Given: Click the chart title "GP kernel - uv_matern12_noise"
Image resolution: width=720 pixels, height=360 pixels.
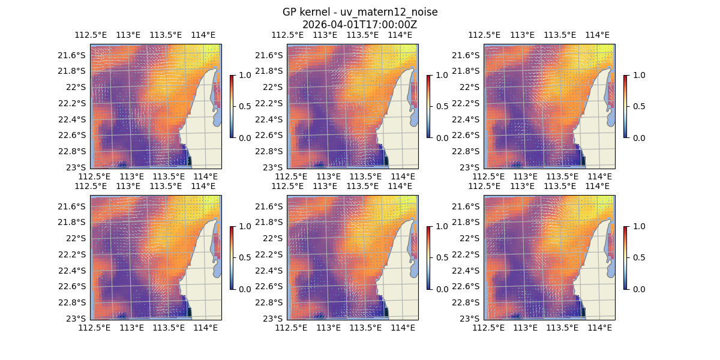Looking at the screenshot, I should point(359,12).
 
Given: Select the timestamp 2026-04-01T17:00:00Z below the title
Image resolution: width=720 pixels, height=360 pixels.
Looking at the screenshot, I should point(359,25).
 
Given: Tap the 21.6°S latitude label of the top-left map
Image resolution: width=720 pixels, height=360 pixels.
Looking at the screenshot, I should point(71,55).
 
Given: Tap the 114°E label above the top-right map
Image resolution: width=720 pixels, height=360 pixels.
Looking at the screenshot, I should point(597,35).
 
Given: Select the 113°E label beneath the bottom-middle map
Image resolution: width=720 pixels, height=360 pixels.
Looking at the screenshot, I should point(328,328).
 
